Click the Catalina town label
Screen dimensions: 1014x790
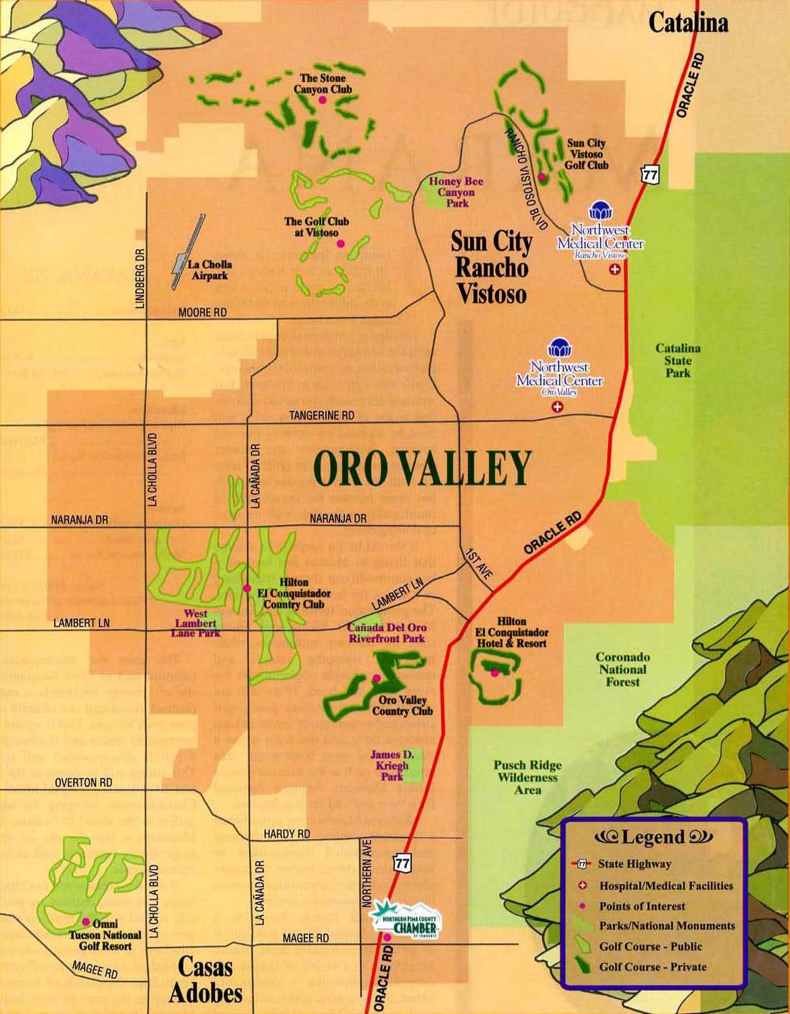[688, 23]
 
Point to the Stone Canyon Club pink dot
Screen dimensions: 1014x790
[323, 100]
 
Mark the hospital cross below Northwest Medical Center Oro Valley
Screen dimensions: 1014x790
[557, 407]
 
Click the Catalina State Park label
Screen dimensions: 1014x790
[678, 360]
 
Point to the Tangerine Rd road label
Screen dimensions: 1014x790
[322, 416]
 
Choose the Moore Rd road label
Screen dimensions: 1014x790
[202, 313]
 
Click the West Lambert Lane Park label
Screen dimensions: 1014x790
[196, 623]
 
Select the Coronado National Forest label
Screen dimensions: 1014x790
[622, 669]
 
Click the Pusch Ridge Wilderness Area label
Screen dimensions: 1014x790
[528, 777]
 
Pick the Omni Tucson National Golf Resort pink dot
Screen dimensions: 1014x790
[86, 921]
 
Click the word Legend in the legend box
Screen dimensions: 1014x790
[653, 838]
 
